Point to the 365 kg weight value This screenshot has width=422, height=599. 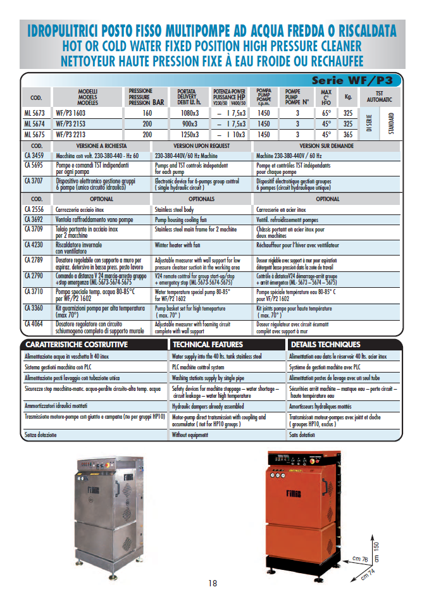(348, 135)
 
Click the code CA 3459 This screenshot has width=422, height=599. (34, 155)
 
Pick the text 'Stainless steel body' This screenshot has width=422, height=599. (175, 209)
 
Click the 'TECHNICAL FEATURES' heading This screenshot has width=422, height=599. (208, 345)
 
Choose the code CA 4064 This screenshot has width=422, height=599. (34, 324)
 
